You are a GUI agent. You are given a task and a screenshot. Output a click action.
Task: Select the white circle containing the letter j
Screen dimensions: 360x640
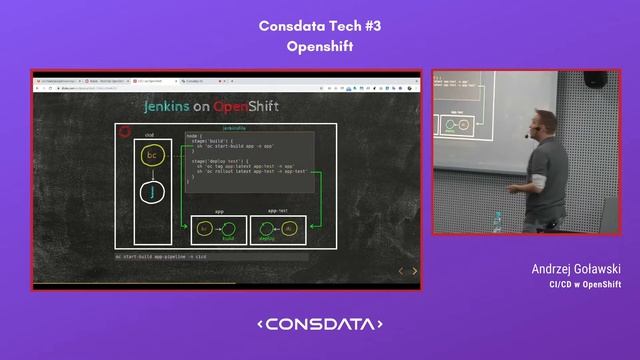151,192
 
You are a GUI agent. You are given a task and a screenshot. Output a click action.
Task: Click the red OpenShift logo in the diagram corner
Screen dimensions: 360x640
125,131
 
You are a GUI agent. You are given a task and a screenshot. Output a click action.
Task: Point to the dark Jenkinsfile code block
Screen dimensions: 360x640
249,160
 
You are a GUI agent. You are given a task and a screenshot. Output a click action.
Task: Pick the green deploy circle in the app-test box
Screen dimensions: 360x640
267,229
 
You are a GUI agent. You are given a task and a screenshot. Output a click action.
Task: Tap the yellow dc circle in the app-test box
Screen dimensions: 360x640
291,229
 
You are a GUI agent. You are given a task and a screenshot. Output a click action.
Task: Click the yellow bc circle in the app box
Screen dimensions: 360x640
205,229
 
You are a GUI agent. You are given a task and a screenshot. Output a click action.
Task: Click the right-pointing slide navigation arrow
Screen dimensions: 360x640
414,271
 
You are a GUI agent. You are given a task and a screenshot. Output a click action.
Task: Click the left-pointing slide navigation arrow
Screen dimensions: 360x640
402,271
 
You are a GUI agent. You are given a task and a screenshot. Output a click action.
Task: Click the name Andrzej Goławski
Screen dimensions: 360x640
577,270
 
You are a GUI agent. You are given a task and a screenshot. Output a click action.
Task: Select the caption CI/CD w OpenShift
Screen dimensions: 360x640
585,284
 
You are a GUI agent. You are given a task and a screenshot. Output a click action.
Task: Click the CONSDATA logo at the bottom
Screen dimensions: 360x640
320,324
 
